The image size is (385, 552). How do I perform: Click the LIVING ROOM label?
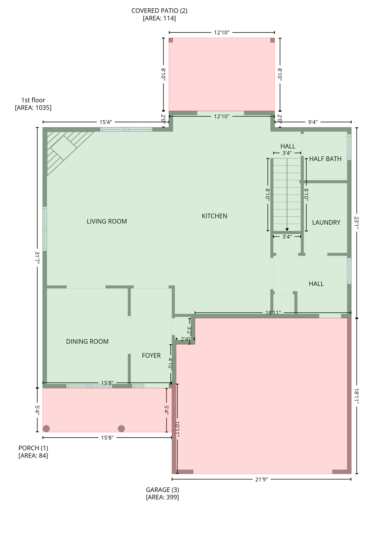coord(107,221)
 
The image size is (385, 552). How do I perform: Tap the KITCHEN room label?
coord(214,216)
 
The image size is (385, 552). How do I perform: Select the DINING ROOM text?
coord(87,341)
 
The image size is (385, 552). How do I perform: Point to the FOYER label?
coord(151,355)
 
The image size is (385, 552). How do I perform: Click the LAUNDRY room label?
coord(326,222)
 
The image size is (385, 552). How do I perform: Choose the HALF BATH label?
coord(325,159)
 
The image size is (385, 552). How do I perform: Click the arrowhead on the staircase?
coord(287,229)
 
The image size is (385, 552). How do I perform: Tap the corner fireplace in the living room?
coord(63,148)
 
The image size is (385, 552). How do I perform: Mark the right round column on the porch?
coord(122,428)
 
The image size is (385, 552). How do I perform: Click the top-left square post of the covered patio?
coord(171,40)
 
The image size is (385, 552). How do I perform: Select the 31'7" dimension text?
coord(37,258)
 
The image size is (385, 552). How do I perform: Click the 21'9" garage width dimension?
coord(261,479)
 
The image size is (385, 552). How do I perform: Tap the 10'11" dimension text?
coord(177,429)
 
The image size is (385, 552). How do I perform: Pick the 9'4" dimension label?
coord(313,122)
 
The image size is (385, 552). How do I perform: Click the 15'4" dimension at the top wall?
coord(106,122)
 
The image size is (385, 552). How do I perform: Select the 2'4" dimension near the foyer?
coord(185,339)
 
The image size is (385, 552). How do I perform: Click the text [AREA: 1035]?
coord(33,108)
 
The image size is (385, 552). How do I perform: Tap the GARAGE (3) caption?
coord(162,490)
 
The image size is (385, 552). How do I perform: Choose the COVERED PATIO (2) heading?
coord(159,11)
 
